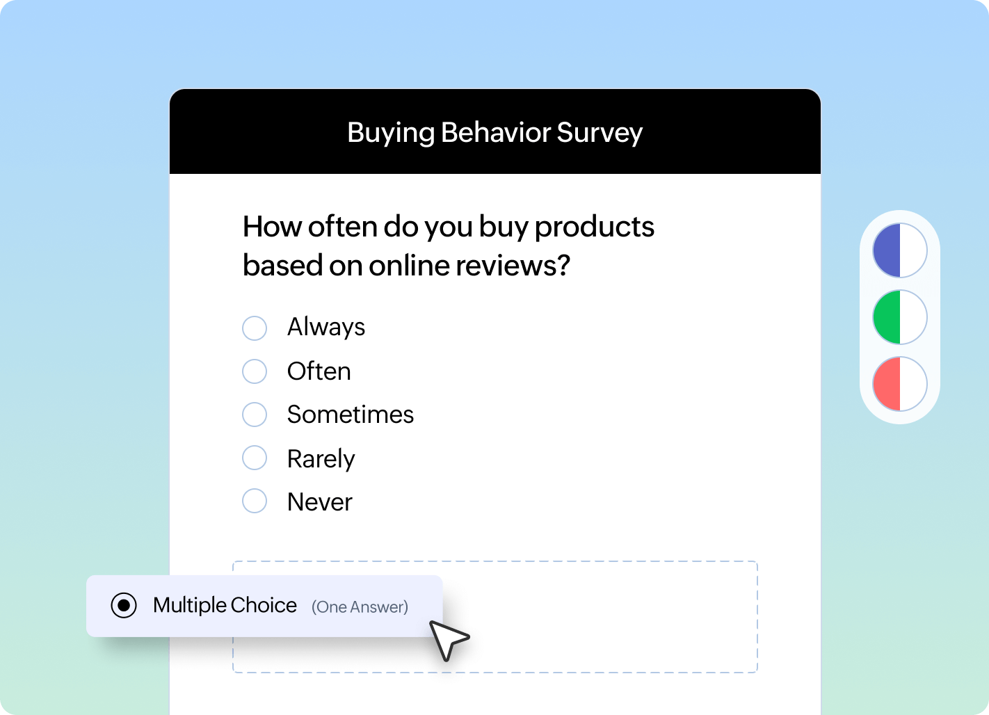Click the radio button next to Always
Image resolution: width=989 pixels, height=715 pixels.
pyautogui.click(x=255, y=328)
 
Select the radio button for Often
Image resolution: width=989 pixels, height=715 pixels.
pyautogui.click(x=255, y=371)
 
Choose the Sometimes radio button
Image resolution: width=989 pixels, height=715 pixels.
pyautogui.click(x=255, y=415)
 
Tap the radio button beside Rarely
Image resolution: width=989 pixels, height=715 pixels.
pyautogui.click(x=255, y=458)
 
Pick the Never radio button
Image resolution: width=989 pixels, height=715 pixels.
pyautogui.click(x=255, y=501)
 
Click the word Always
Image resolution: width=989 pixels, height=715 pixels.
pyautogui.click(x=326, y=327)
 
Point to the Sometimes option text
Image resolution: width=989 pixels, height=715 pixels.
pyautogui.click(x=351, y=415)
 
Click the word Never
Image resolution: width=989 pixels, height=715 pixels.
pyautogui.click(x=320, y=502)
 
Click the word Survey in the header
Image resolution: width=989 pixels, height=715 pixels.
pyautogui.click(x=600, y=133)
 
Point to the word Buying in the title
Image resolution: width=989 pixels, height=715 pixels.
pyautogui.click(x=391, y=133)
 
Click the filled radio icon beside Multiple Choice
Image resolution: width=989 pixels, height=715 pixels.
pyautogui.click(x=124, y=606)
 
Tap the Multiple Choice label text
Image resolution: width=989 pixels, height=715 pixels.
pyautogui.click(x=225, y=605)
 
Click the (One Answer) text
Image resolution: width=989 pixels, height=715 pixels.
pyautogui.click(x=360, y=607)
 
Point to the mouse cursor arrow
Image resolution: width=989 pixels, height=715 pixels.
pyautogui.click(x=447, y=639)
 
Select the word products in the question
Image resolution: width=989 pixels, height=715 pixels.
pyautogui.click(x=595, y=227)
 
